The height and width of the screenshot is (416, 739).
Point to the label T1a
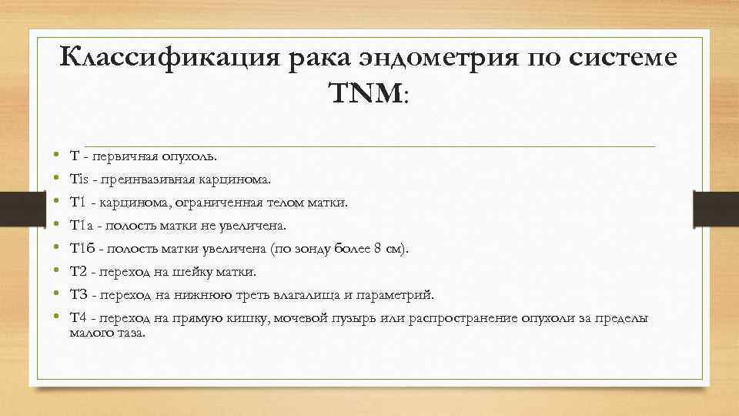coord(82,226)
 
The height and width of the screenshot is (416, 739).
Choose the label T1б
coord(82,249)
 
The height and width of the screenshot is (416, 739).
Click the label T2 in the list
coord(79,272)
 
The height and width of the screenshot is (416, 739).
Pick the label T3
coord(79,295)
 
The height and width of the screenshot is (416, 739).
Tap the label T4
coord(79,317)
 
